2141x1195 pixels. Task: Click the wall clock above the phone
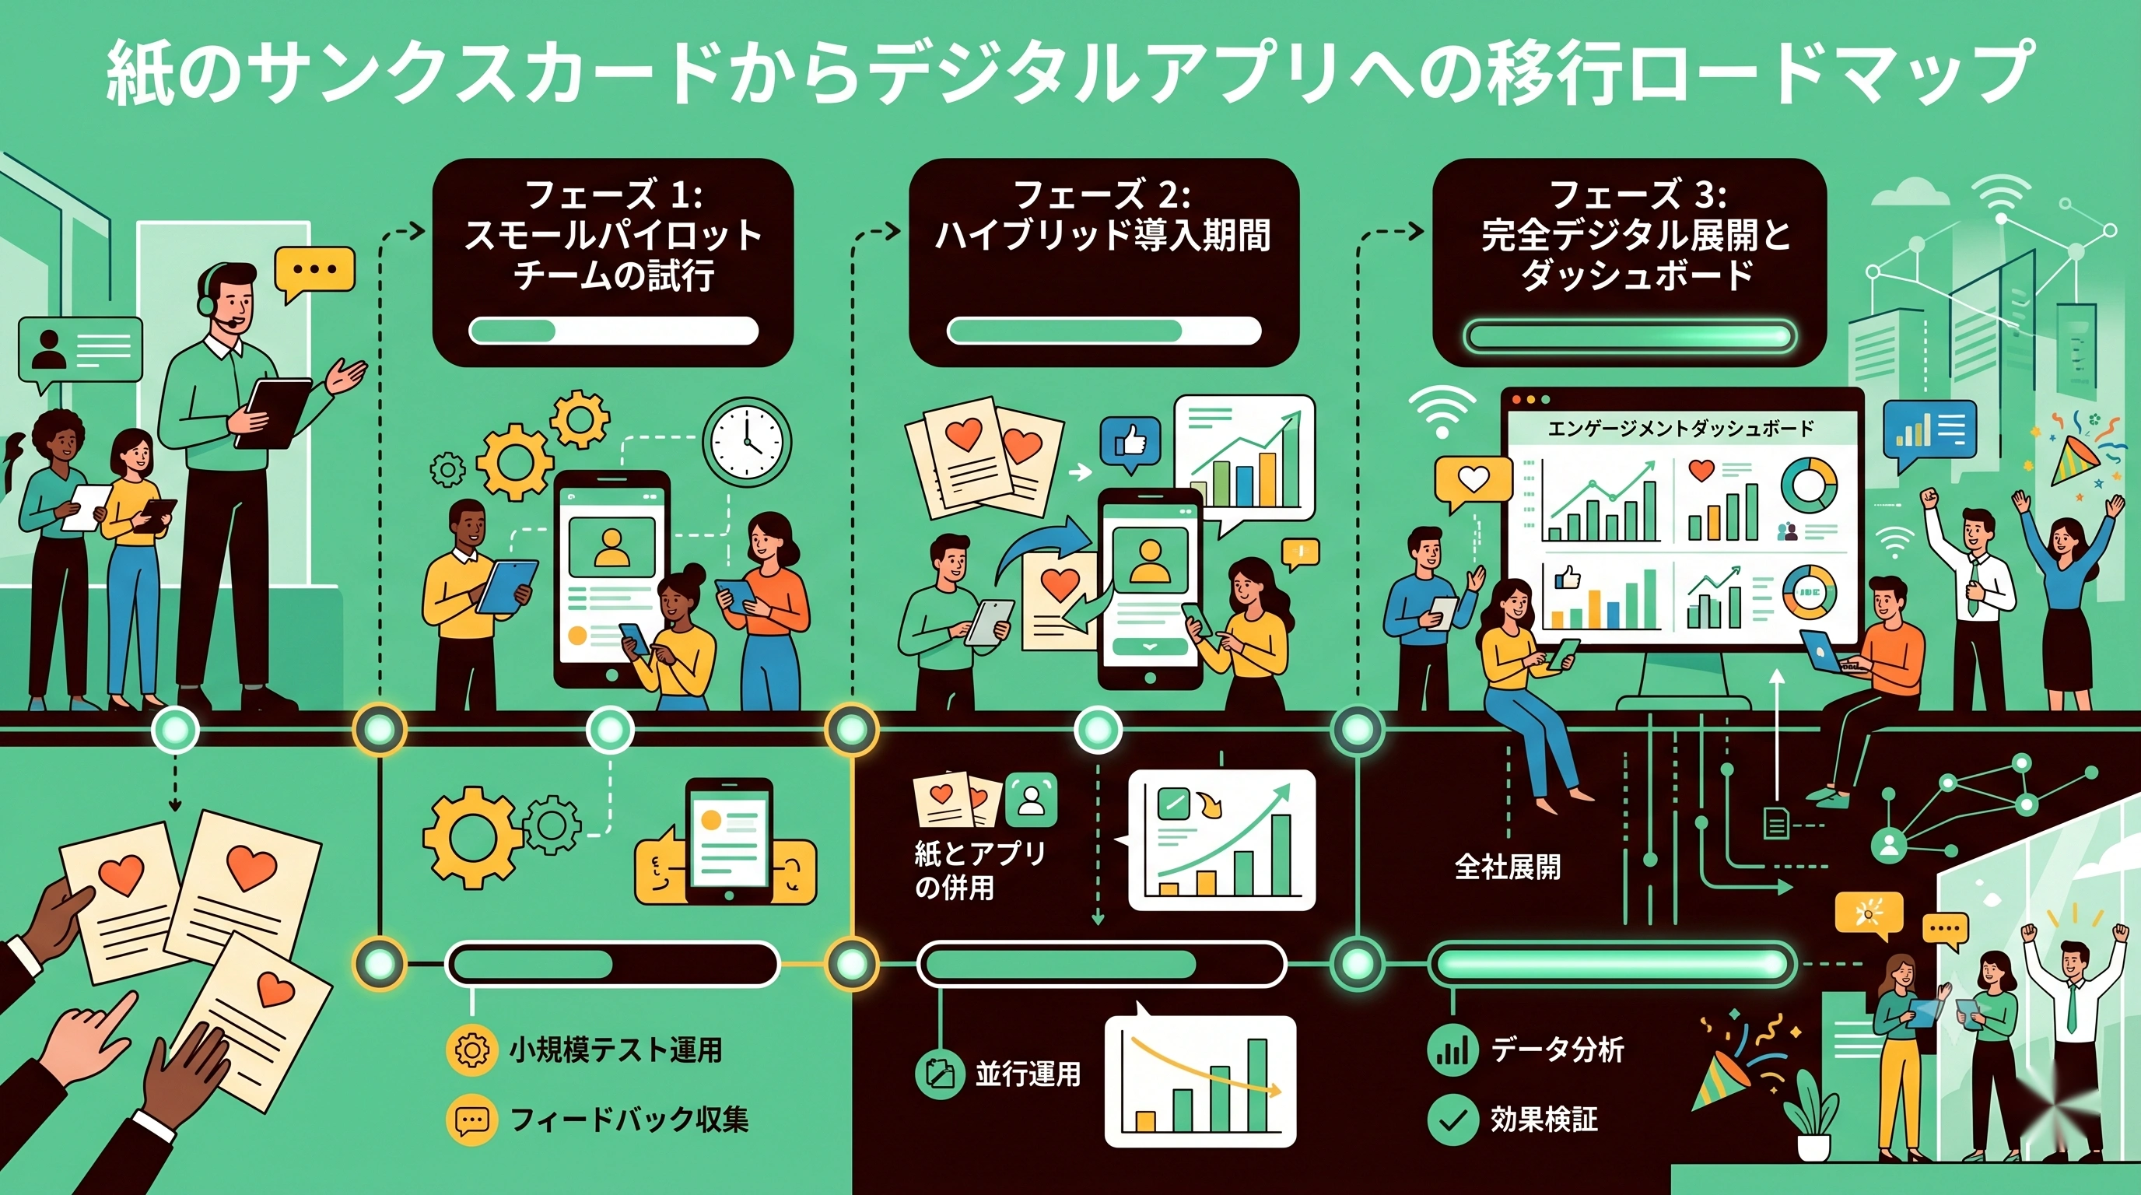pos(746,440)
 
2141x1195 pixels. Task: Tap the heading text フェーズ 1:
pos(614,196)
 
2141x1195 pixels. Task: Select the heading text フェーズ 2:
pos(1103,196)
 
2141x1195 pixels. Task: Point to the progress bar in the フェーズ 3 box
pos(1629,337)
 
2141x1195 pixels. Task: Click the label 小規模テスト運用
pos(616,1050)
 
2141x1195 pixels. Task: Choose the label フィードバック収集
pos(629,1120)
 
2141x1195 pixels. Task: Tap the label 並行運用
pos(1028,1074)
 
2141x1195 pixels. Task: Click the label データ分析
pos(1558,1049)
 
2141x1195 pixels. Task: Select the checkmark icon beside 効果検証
pos(1452,1120)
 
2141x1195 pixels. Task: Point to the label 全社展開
pos(1508,867)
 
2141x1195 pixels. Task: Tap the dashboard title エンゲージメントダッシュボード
pos(1680,429)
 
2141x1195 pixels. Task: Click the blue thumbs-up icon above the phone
pos(1130,440)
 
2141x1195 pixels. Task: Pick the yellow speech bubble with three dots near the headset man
pos(314,274)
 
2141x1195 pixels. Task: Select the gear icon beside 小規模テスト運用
pos(471,1050)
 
